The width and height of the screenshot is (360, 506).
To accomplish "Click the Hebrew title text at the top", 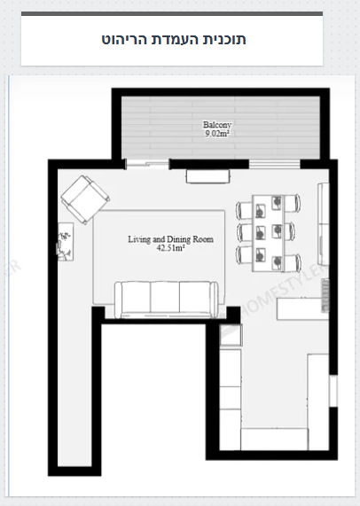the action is pos(174,39).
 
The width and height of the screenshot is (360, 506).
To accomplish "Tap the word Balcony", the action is pos(217,125).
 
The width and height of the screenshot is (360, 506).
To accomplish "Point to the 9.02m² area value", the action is pos(217,133).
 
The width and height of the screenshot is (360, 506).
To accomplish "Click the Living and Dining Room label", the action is pos(170,239).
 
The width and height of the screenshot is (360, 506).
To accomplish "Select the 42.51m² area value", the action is pos(170,248).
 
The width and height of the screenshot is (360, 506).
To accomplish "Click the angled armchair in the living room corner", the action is pos(85,199).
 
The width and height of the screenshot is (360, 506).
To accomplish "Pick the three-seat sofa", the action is pos(167,300).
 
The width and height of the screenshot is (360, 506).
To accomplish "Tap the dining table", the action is pos(269,233).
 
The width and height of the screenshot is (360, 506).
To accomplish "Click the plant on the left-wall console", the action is pos(65,242).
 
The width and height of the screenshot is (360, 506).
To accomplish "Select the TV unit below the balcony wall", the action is pos(207,176).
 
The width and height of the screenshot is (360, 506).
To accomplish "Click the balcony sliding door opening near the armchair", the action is pos(147,164).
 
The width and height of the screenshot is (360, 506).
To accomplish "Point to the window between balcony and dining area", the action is pos(275,164).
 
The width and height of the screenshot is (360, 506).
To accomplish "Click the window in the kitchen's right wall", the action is pos(333,391).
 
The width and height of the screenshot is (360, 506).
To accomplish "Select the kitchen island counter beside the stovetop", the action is pos(299,308).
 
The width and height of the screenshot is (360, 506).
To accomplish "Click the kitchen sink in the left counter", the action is pos(231,335).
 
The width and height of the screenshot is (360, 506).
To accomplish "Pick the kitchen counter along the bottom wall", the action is pos(274,439).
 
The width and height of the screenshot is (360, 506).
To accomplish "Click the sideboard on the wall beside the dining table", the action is pos(324,224).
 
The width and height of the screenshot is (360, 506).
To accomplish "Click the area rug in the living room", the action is pos(159,257).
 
